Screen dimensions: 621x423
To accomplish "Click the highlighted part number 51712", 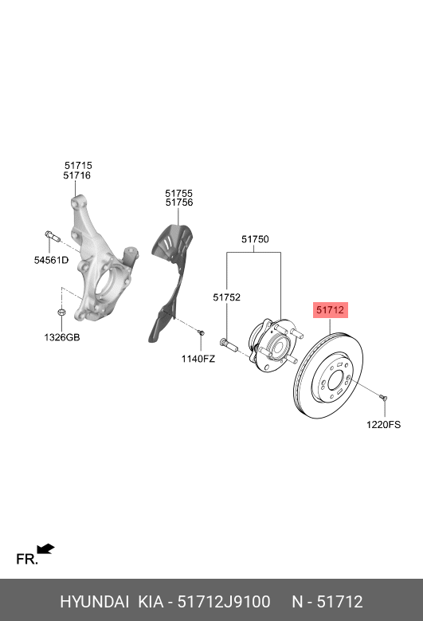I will tap(330, 310).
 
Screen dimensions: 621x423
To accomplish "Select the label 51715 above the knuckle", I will tap(78, 165).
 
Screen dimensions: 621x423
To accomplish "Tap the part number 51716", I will tap(78, 175).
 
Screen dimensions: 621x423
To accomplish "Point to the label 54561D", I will tap(51, 260).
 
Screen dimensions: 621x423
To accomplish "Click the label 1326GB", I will tap(61, 337).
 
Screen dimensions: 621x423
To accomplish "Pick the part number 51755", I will tap(179, 193).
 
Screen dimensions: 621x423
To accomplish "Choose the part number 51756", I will tap(179, 203).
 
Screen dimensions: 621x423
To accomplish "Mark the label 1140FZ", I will tap(198, 359).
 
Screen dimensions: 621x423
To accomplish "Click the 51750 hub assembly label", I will tap(256, 239).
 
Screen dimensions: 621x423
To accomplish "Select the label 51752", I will tap(226, 297).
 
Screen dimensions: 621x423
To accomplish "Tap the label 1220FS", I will tap(384, 425).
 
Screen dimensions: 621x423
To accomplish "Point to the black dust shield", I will tap(169, 279).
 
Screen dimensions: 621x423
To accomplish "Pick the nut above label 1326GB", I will tap(61, 312).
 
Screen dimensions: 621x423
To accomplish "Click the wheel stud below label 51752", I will tap(228, 345).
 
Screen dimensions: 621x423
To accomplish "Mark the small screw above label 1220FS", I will tap(383, 396).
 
